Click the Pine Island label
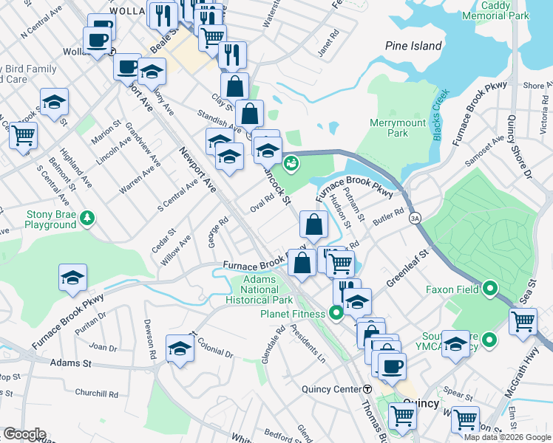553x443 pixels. (413, 46)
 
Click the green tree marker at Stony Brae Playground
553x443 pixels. (88, 217)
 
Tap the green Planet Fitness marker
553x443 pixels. (336, 313)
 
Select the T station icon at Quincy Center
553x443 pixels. (367, 389)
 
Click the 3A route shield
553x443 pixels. (415, 218)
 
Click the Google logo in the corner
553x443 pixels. (24, 434)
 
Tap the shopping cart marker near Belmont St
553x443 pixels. (23, 135)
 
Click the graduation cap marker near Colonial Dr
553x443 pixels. (180, 348)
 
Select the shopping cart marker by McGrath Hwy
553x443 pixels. (523, 321)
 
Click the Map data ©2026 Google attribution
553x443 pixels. (507, 437)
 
